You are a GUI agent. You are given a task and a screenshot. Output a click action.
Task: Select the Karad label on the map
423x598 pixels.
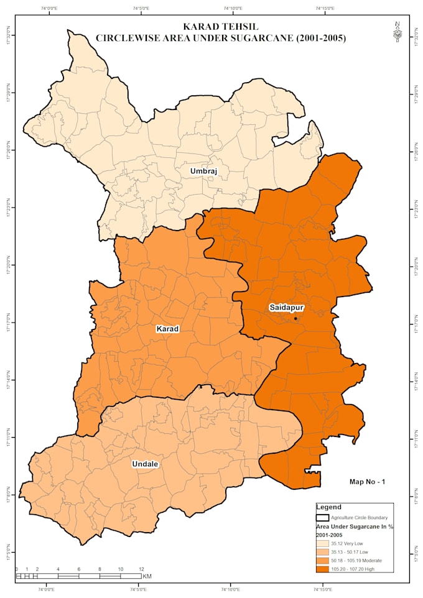click(x=167, y=328)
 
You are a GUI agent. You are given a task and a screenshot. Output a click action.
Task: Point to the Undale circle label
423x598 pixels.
click(x=146, y=464)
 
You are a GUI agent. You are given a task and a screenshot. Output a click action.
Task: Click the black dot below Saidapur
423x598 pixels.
click(x=295, y=318)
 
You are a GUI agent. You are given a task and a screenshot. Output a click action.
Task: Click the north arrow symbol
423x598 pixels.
click(x=397, y=32)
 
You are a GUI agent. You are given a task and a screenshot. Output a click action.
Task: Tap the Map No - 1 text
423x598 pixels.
click(x=368, y=481)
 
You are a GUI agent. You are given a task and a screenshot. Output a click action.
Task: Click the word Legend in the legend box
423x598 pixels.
click(x=328, y=507)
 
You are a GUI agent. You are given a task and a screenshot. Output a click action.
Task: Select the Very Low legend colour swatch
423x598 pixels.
click(x=322, y=543)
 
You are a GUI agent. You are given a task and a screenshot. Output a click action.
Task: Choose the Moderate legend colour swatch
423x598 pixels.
click(x=322, y=560)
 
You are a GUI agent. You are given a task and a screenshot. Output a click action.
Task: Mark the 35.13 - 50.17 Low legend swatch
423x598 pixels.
click(x=322, y=551)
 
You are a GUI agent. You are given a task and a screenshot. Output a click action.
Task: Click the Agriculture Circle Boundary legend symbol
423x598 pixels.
click(x=322, y=517)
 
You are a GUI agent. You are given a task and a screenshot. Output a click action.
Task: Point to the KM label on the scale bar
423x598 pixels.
click(x=147, y=576)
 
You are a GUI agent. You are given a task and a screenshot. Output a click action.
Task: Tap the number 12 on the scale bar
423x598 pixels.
click(x=141, y=569)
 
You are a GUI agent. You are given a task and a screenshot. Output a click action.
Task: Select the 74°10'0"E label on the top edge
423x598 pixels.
click(x=233, y=9)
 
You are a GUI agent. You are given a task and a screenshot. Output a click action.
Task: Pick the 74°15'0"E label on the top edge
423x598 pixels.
click(x=324, y=9)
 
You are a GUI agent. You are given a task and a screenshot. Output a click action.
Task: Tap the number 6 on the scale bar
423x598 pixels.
click(x=79, y=569)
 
